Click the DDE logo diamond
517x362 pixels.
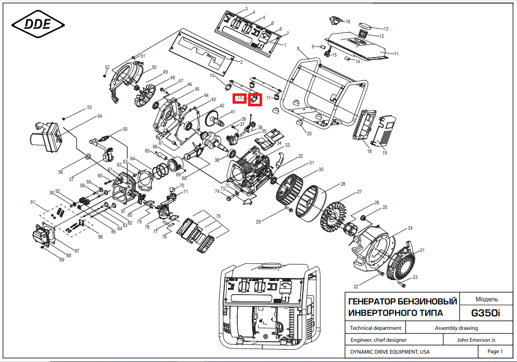coord(38,24)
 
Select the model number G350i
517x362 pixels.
coord(485,313)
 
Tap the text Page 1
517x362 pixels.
coord(495,352)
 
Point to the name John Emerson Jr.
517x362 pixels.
coord(476,340)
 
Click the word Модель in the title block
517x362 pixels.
coord(486,299)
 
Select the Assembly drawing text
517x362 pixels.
coord(456,328)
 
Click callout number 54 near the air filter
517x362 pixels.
coord(100,116)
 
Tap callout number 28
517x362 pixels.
coord(343,184)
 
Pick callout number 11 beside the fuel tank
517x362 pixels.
coord(397,54)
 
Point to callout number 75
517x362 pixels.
coord(219,216)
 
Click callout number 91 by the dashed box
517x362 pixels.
coord(33,202)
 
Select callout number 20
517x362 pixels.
coord(309,133)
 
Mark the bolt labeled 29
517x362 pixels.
coord(290,210)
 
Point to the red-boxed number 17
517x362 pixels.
coord(240,98)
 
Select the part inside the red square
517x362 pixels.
coord(255,100)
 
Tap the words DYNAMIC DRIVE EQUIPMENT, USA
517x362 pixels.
coord(390,352)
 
